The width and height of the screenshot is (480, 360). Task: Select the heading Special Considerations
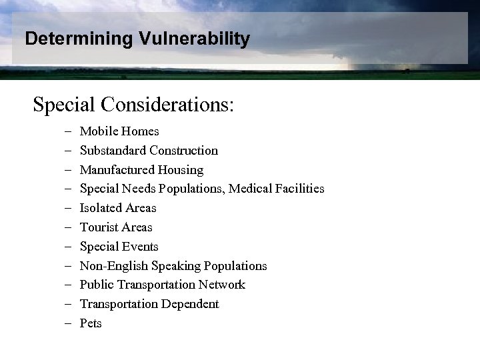[x=133, y=105]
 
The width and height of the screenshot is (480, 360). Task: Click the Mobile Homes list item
[x=119, y=131]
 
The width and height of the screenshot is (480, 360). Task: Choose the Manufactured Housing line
[x=141, y=170]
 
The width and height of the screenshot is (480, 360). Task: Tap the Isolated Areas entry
[x=118, y=208]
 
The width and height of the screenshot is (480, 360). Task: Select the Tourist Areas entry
[x=116, y=227]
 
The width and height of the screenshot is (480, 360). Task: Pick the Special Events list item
[x=119, y=247]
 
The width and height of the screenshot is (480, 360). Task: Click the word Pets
[x=91, y=323]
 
